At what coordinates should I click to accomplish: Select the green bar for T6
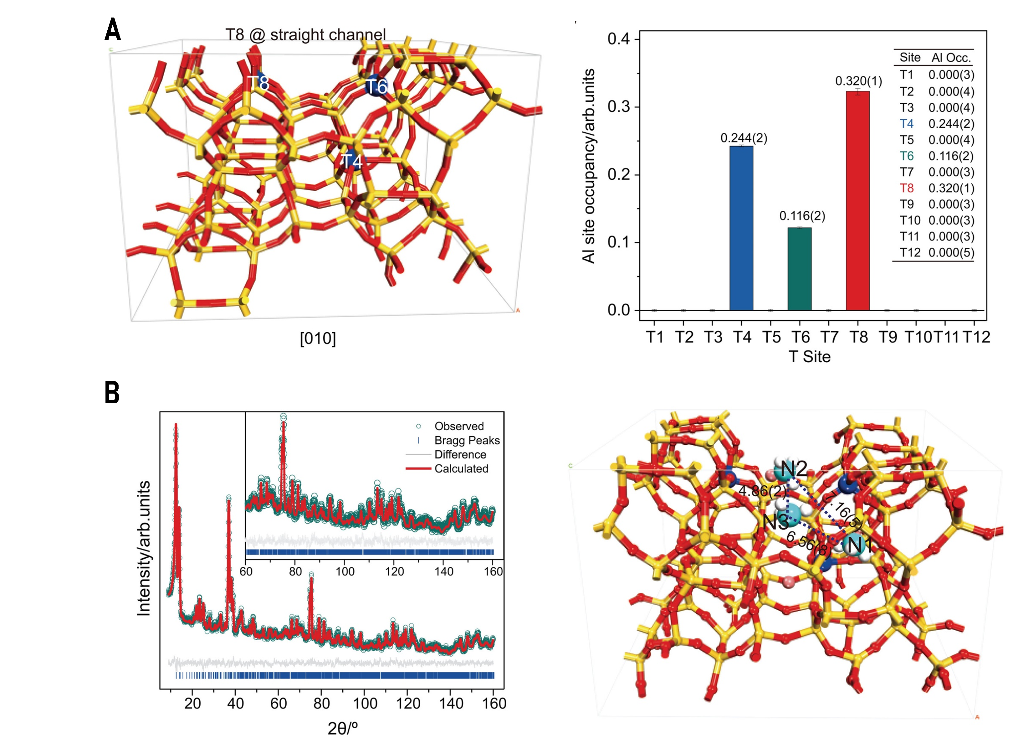pos(799,268)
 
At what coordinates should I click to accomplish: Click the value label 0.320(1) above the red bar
pos(859,81)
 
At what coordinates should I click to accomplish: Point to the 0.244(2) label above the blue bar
pos(744,138)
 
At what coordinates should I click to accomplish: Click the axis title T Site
pos(810,357)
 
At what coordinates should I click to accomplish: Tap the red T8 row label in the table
pos(907,188)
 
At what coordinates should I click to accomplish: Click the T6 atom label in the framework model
pos(376,87)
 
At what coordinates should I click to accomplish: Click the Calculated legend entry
pos(461,468)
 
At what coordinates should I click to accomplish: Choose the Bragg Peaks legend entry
pos(467,440)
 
